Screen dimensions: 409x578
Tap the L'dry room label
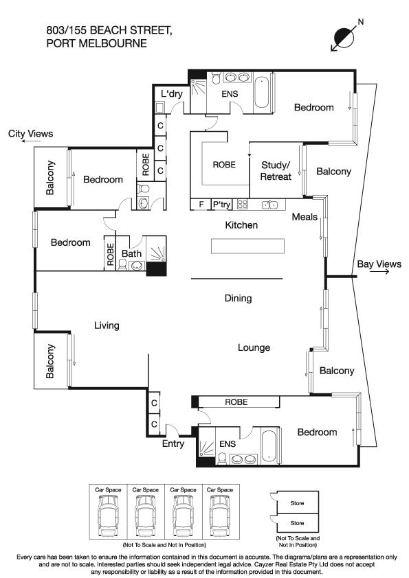(172, 93)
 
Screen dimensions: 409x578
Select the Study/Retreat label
(276, 171)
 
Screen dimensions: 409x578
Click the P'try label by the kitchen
(221, 204)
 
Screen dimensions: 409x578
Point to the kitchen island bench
(247, 246)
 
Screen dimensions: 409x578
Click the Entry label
(173, 443)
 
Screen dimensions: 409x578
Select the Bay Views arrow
(379, 272)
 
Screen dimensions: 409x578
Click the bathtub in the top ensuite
(262, 92)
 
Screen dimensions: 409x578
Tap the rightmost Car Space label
(220, 490)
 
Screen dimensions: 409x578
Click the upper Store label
(297, 503)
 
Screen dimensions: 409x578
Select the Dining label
(238, 298)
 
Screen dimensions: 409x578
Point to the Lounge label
(254, 347)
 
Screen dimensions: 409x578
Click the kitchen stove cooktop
(243, 204)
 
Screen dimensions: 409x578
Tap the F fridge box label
(201, 204)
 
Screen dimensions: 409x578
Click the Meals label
(305, 217)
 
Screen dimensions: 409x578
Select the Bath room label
(131, 253)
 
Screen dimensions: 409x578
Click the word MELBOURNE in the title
(114, 43)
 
